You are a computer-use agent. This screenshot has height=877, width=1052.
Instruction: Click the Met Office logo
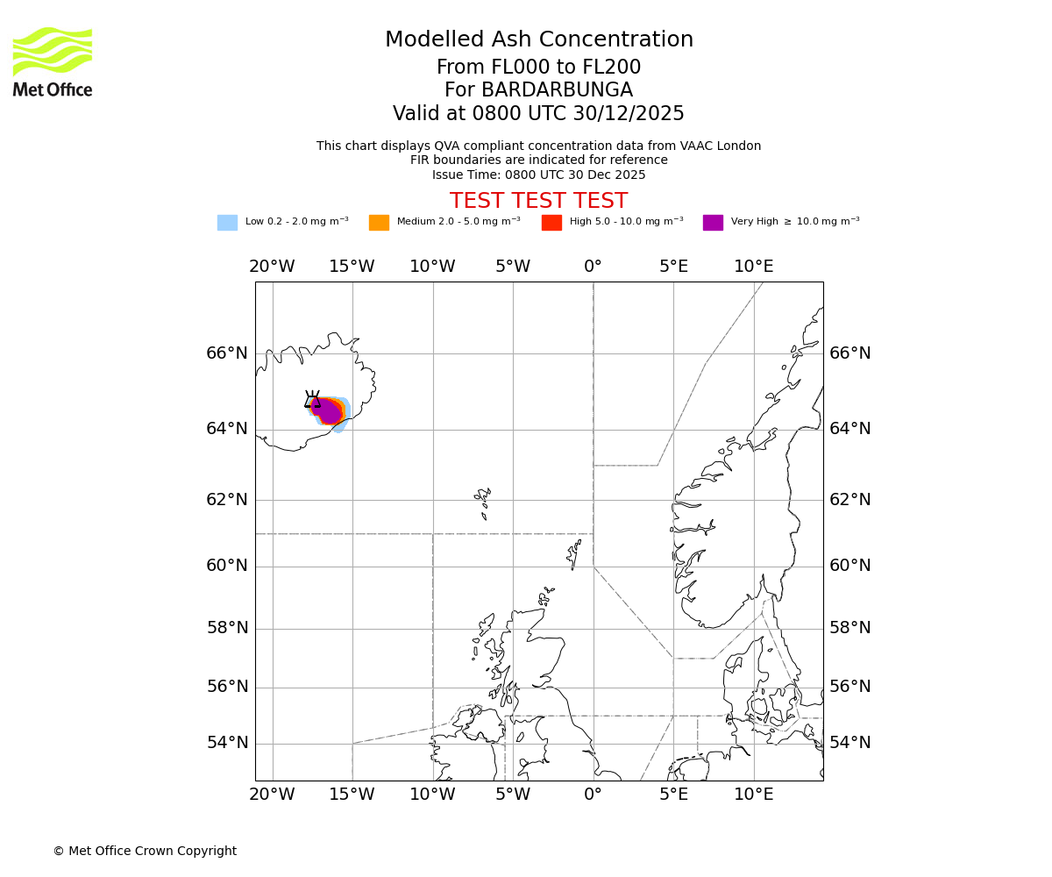(53, 61)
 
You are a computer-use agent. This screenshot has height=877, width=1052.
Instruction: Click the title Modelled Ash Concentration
(538, 40)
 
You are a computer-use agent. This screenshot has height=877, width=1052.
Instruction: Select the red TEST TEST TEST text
(538, 201)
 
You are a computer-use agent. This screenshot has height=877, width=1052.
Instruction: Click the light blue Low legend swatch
(227, 223)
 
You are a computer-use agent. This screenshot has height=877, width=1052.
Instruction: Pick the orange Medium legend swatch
(379, 223)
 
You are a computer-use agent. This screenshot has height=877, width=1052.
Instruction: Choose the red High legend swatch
(551, 223)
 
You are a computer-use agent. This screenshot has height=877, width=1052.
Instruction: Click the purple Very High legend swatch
(713, 223)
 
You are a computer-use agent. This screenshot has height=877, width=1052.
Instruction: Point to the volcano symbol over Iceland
(312, 399)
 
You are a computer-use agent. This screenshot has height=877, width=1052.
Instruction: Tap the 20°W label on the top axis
(272, 267)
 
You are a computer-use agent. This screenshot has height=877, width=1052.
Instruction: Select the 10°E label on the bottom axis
(753, 795)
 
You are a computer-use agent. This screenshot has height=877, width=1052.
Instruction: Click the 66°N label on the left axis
(227, 353)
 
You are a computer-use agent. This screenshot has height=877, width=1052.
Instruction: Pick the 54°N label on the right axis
(850, 743)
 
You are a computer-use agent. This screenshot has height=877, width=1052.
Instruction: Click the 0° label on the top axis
(593, 267)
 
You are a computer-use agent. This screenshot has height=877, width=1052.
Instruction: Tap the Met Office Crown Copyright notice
(145, 852)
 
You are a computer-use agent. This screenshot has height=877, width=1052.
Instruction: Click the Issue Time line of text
(538, 175)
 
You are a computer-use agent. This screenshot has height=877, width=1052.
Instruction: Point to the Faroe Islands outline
(483, 502)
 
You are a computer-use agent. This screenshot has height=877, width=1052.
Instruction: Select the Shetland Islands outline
(574, 554)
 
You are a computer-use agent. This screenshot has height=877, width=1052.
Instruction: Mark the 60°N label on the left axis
(227, 566)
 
